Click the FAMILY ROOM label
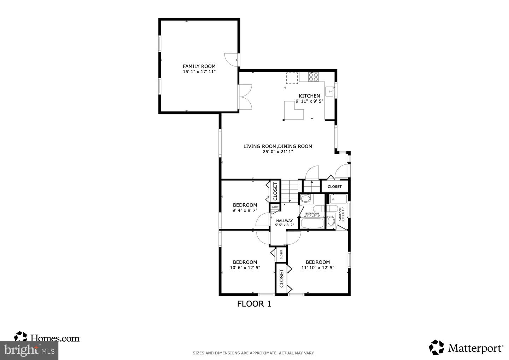(199, 66)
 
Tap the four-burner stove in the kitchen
(313, 77)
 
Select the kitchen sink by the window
(330, 91)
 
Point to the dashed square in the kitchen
(292, 78)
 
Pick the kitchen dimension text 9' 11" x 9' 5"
(309, 101)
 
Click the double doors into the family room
(245, 97)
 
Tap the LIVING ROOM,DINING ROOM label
(277, 146)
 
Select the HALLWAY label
(284, 221)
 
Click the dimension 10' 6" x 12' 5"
(245, 268)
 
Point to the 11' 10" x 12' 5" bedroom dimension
(317, 268)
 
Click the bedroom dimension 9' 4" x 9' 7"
(245, 210)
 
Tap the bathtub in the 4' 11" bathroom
(311, 223)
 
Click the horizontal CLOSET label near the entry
(334, 187)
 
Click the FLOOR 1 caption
(254, 304)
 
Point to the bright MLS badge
(29, 350)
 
